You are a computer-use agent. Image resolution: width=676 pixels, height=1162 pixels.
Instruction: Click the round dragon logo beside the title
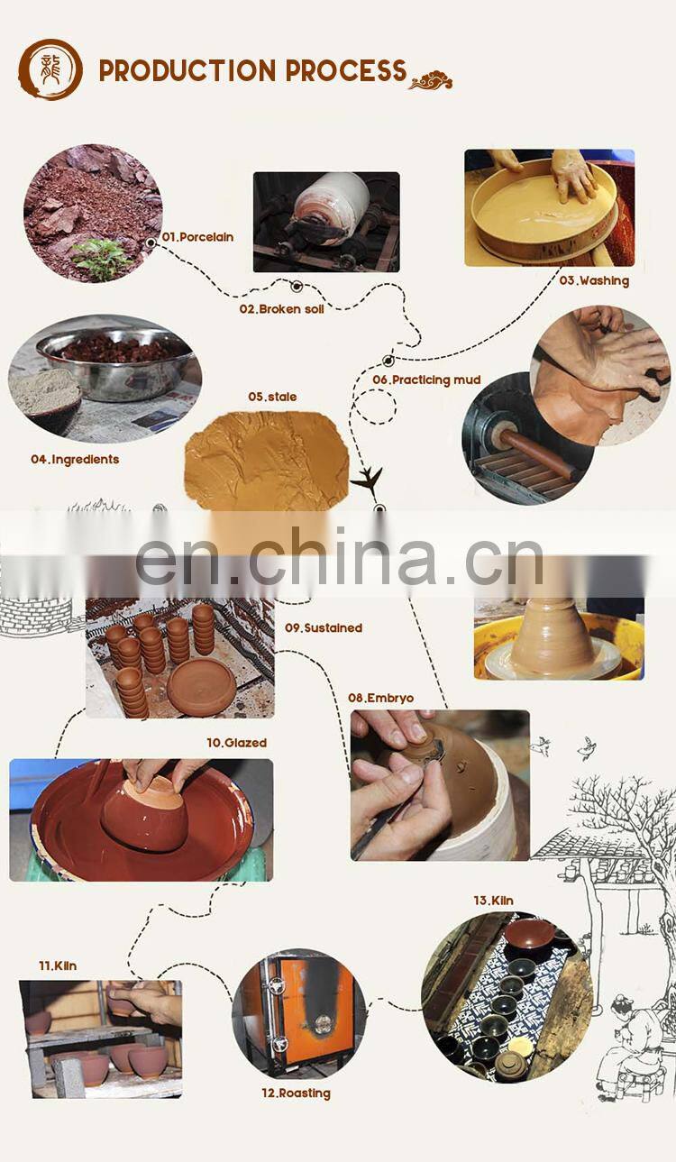pyautogui.click(x=50, y=69)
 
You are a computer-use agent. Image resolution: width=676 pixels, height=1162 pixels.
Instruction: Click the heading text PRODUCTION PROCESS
pyautogui.click(x=252, y=71)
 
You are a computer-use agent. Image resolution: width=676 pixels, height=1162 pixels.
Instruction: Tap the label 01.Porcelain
pyautogui.click(x=197, y=237)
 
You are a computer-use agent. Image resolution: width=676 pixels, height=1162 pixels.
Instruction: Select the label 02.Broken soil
pyautogui.click(x=281, y=308)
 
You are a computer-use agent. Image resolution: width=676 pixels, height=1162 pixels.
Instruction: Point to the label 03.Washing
pyautogui.click(x=593, y=280)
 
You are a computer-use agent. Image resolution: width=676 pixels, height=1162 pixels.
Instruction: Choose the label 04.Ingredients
pyautogui.click(x=75, y=459)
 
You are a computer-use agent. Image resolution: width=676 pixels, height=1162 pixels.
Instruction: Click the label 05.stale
pyautogui.click(x=272, y=397)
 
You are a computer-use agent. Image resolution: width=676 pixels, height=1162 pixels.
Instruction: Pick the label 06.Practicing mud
pyautogui.click(x=426, y=380)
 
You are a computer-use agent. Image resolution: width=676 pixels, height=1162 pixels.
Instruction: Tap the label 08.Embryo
pyautogui.click(x=381, y=698)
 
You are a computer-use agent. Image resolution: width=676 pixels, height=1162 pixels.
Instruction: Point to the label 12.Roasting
pyautogui.click(x=296, y=1093)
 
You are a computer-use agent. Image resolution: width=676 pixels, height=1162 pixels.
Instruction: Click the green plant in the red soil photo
pyautogui.click(x=102, y=257)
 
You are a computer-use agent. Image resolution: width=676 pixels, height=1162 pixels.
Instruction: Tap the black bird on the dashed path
pyautogui.click(x=368, y=480)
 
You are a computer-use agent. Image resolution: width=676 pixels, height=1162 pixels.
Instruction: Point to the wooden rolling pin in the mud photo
pyautogui.click(x=537, y=455)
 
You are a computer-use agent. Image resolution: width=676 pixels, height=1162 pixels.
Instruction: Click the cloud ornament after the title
pyautogui.click(x=431, y=81)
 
